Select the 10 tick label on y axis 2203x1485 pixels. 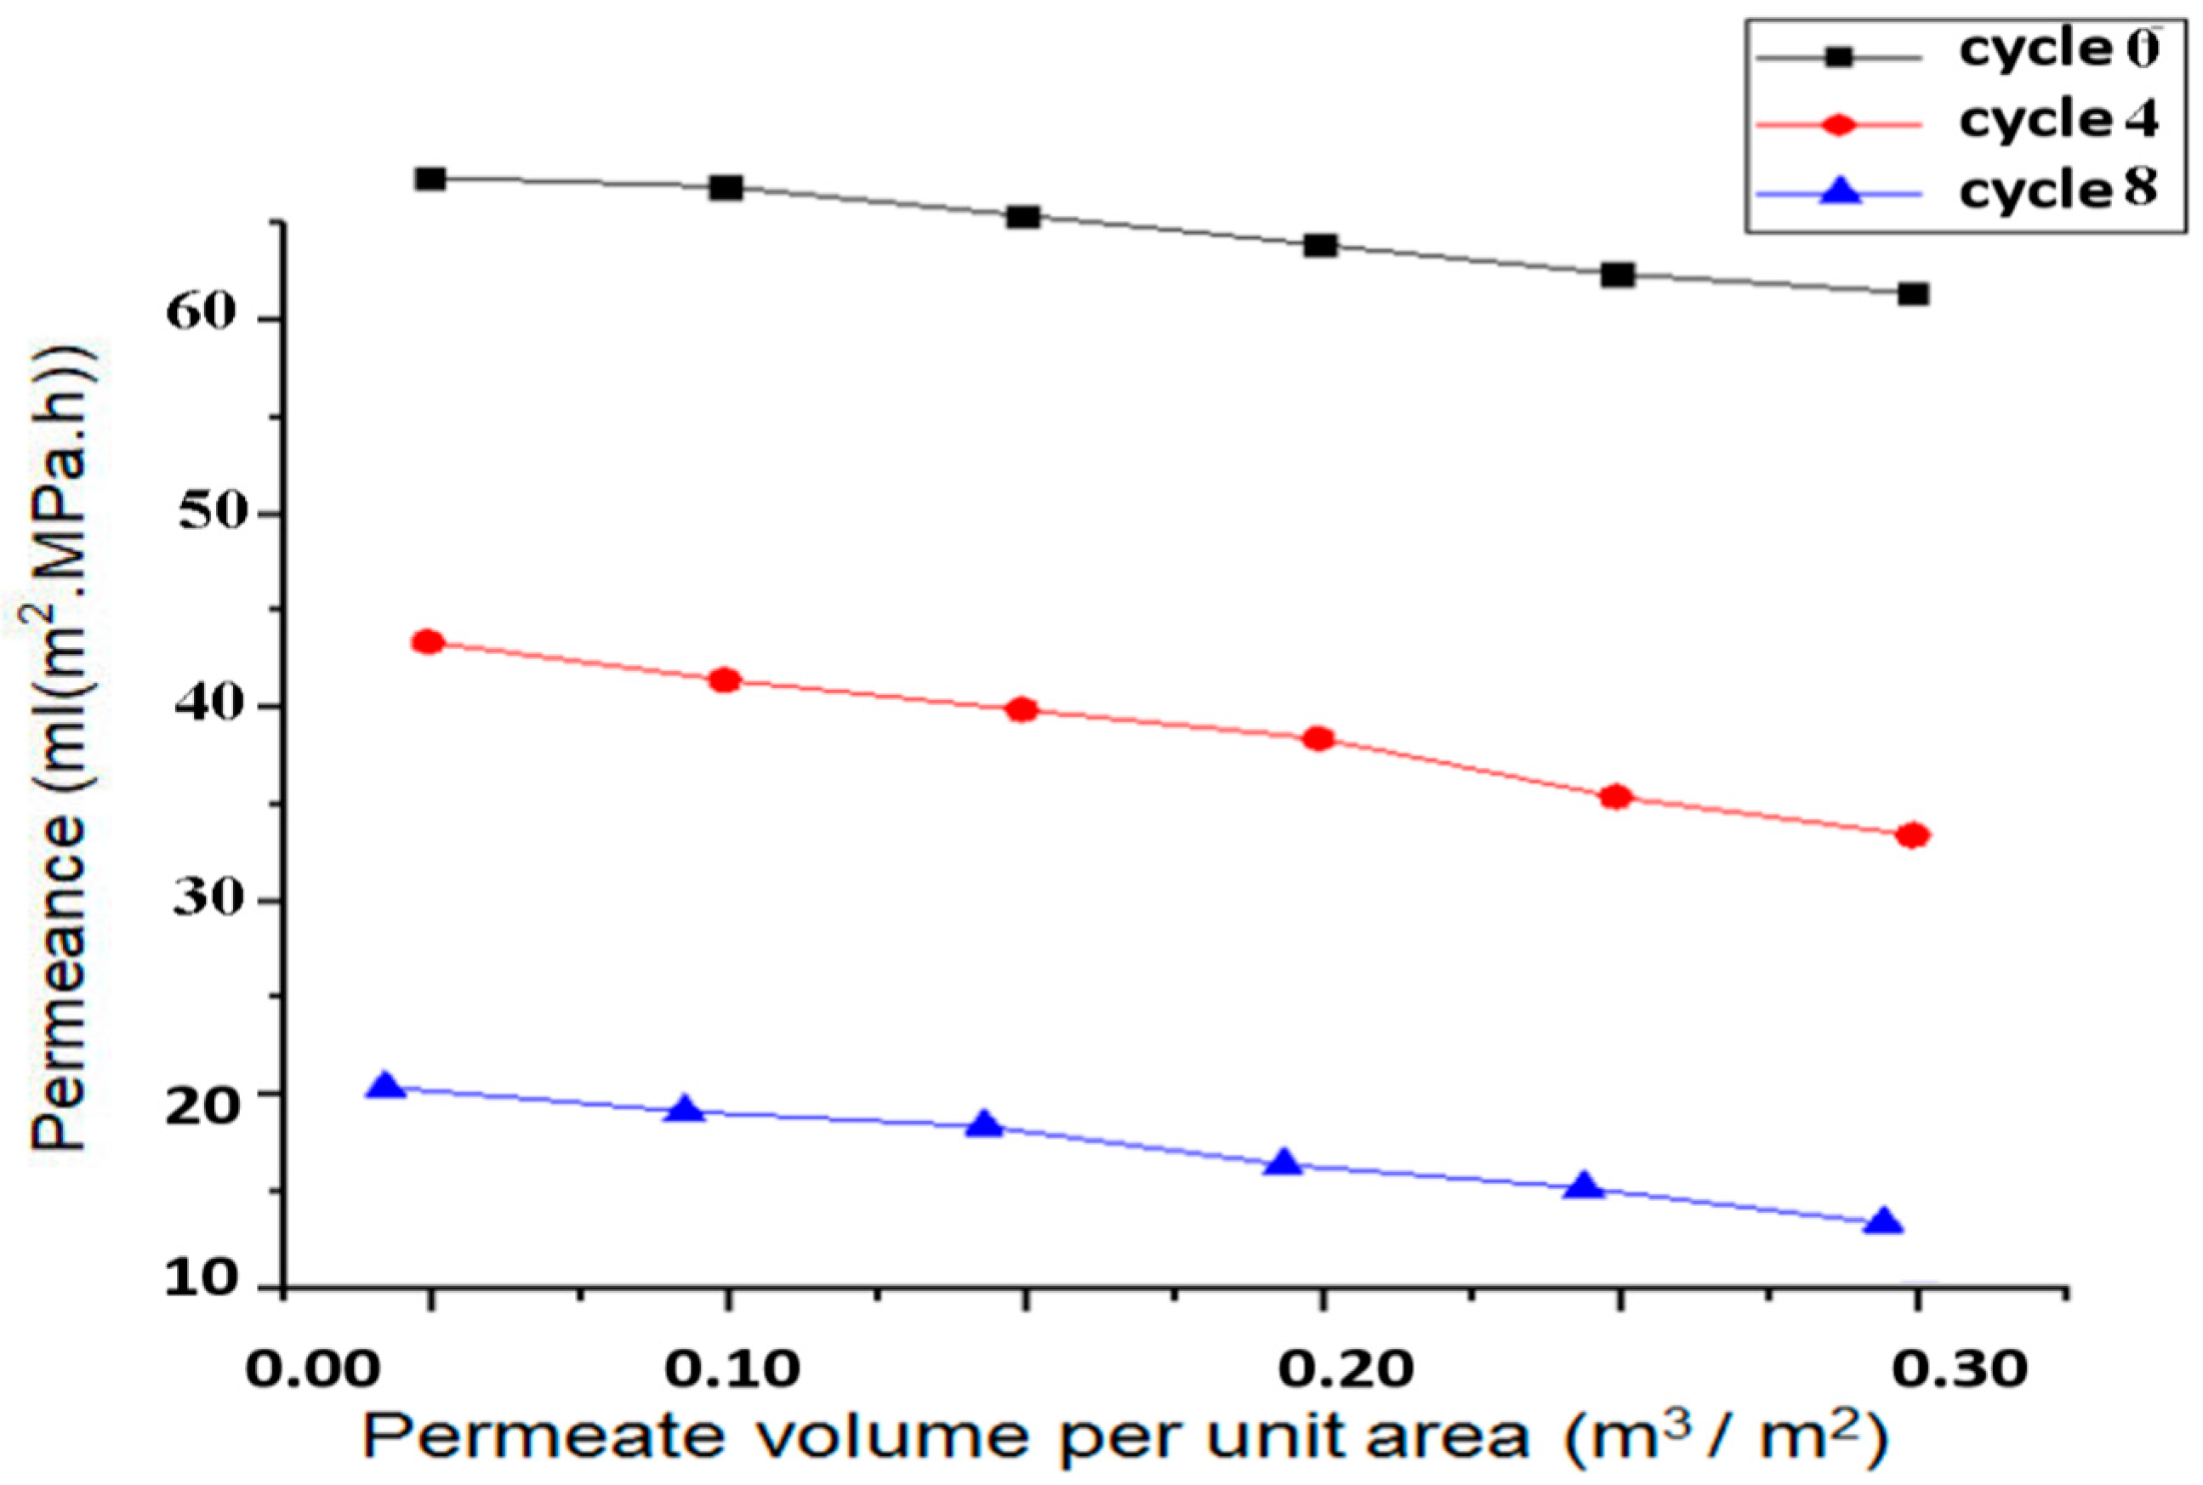(x=200, y=1280)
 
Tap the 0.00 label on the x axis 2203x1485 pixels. (x=311, y=1370)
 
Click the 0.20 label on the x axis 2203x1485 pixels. (x=1346, y=1370)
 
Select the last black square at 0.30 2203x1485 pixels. (x=1913, y=293)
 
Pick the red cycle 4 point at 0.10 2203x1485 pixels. (x=726, y=680)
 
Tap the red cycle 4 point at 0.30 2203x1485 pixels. (x=1913, y=835)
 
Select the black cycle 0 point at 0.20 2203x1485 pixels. (x=1320, y=245)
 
